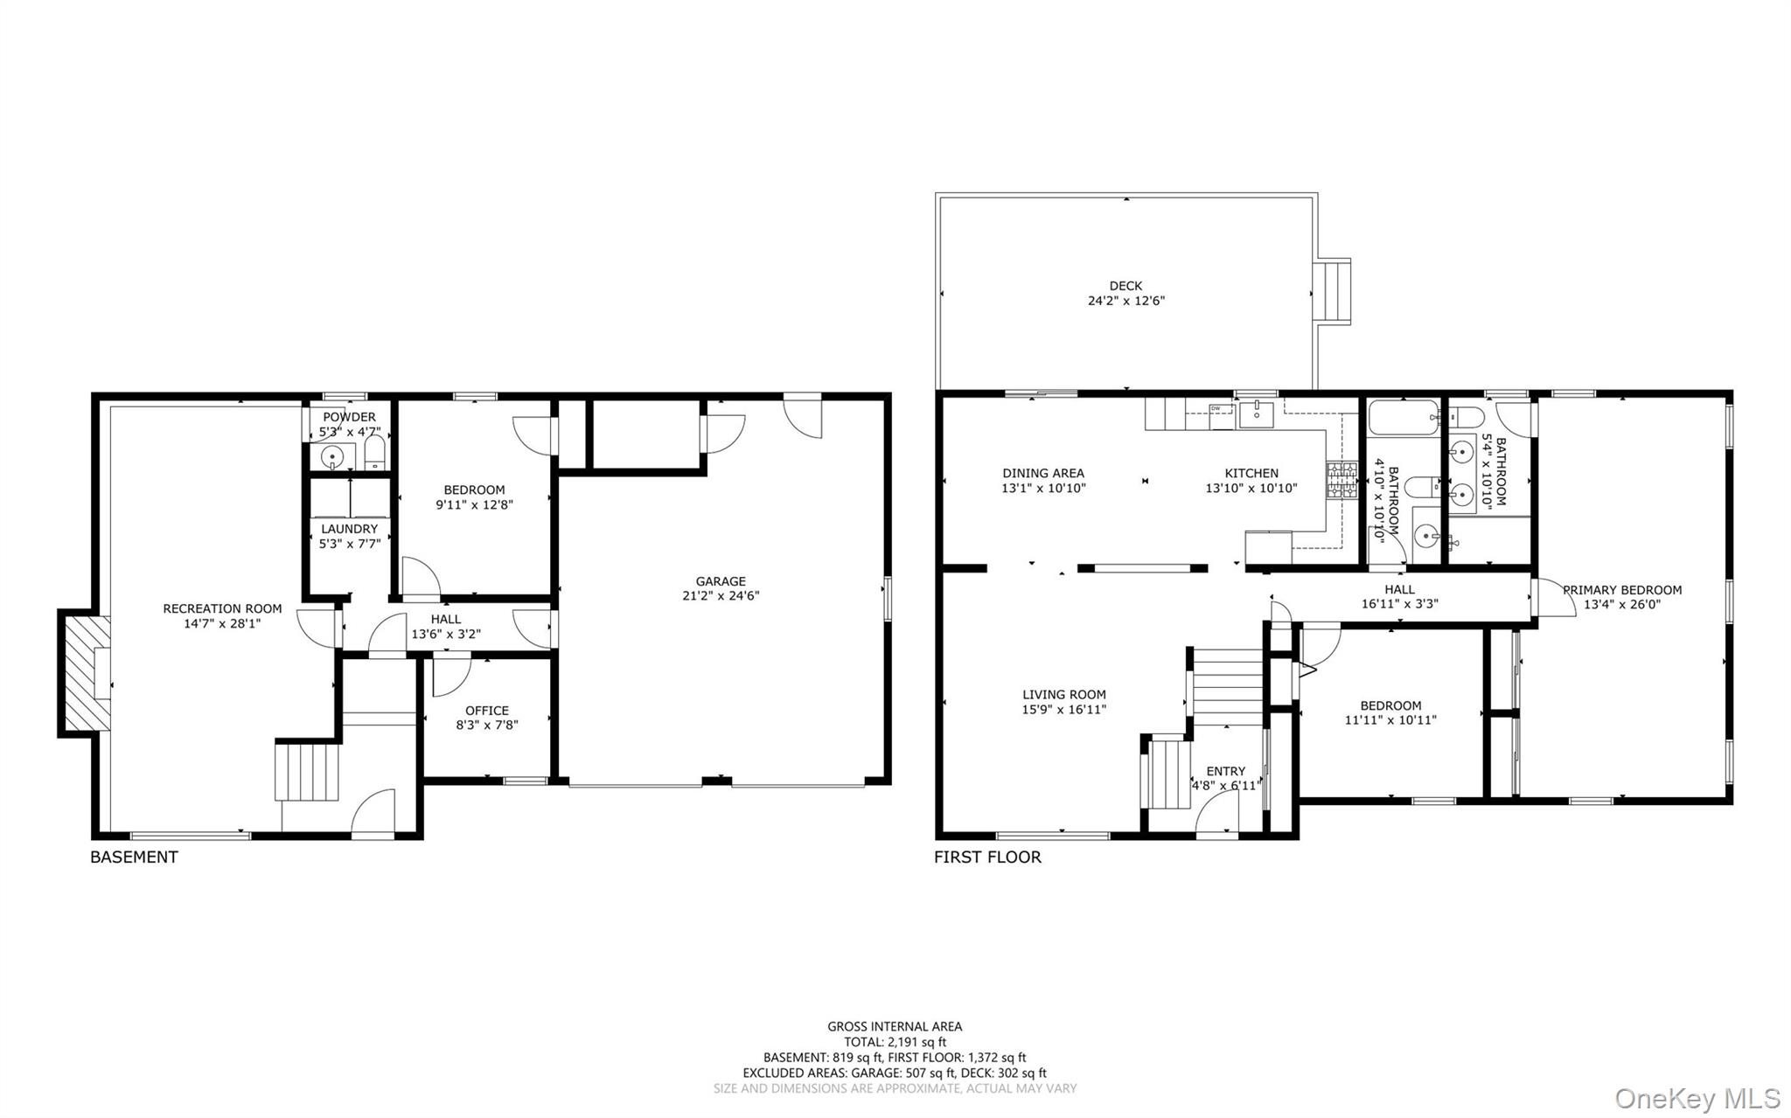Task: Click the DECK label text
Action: point(1125,286)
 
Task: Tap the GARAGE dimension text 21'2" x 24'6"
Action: point(721,596)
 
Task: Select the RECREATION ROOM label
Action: point(222,608)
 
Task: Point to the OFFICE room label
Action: point(487,711)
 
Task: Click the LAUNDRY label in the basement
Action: point(349,529)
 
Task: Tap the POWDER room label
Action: point(349,417)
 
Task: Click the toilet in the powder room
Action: point(374,452)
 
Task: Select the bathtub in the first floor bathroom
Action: point(1403,418)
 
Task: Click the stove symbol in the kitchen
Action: point(1341,480)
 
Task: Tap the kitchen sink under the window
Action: point(1257,411)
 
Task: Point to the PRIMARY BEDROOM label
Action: point(1622,590)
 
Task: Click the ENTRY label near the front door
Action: point(1225,771)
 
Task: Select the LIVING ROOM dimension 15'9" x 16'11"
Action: point(1064,710)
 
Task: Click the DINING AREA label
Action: point(1043,473)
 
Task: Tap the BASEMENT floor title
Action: point(134,857)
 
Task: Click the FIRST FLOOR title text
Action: point(987,857)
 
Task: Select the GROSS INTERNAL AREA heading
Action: point(895,1026)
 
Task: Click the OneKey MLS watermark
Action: point(1697,1098)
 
